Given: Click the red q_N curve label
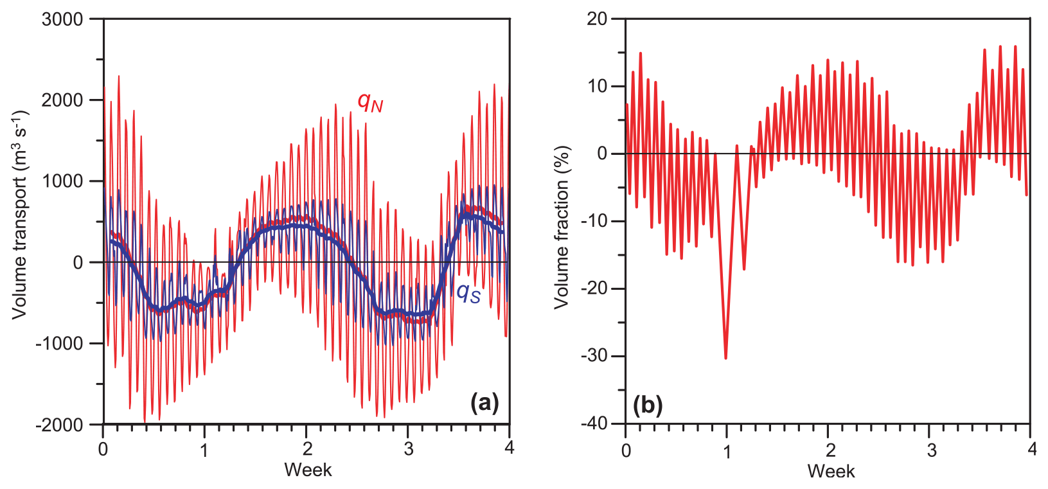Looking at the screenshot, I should click(370, 102).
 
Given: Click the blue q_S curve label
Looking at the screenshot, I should click(468, 293).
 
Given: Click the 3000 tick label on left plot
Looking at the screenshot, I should click(62, 19).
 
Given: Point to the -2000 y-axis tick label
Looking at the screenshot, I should click(59, 425).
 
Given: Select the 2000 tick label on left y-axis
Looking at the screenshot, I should click(62, 100).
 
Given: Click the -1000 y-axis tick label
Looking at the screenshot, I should click(59, 344).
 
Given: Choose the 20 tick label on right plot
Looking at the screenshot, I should click(597, 19).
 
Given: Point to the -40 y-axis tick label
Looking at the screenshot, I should click(594, 424).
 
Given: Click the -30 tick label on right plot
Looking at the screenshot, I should click(594, 357).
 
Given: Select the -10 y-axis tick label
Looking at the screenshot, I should click(594, 222).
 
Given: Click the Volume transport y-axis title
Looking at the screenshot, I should click(20, 215).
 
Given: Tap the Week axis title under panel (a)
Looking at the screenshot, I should click(308, 470).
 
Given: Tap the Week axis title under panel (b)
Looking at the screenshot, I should click(830, 471).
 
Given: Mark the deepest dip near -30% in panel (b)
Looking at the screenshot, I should click(726, 357).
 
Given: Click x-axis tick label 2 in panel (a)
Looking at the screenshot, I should click(307, 449).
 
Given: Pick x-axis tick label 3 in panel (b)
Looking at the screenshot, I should click(932, 450).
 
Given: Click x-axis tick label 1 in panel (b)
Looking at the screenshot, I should click(727, 450).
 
